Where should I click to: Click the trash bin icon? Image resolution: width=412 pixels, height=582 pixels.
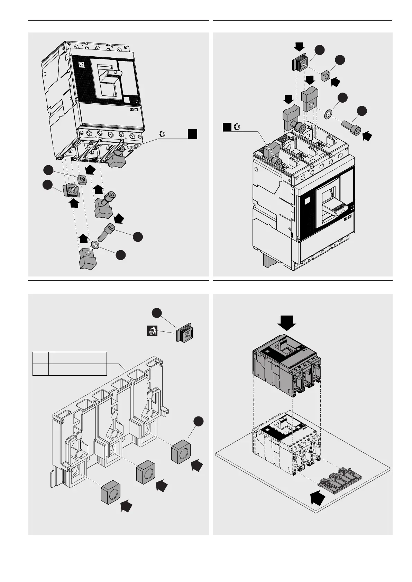[x=151, y=331]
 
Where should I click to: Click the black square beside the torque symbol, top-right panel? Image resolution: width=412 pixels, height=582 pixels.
[x=227, y=127]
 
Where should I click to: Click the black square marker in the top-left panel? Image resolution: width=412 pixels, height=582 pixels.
[x=192, y=134]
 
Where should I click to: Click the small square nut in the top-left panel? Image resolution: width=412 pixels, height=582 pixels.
[x=82, y=179]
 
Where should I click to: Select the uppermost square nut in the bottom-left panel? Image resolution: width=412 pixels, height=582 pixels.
[x=181, y=451]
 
